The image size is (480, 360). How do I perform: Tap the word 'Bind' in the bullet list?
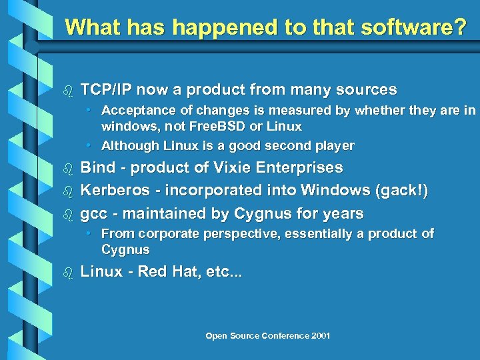click(97, 167)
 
